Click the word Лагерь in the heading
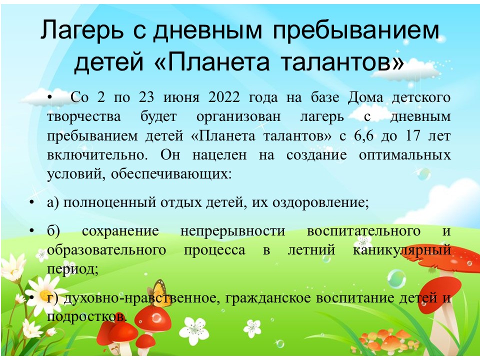click(x=81, y=30)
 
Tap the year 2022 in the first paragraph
click(x=224, y=97)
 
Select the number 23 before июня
click(x=146, y=97)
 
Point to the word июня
click(x=181, y=98)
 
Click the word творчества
click(x=84, y=117)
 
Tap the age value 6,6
click(x=363, y=136)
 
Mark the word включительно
click(x=97, y=155)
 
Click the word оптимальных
click(x=404, y=155)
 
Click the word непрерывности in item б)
click(x=232, y=231)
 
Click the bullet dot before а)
click(x=31, y=203)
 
